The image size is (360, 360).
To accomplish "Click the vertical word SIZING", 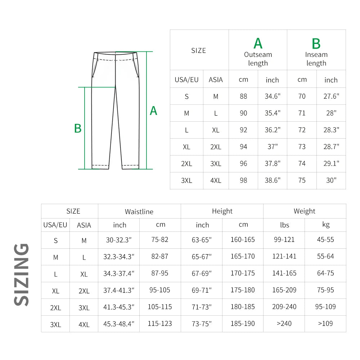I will pyautogui.click(x=22, y=274).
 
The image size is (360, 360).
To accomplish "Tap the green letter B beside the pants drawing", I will pyautogui.click(x=78, y=129).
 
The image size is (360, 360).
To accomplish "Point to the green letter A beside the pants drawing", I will pyautogui.click(x=153, y=111).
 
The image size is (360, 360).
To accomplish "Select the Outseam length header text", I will pyautogui.click(x=258, y=59).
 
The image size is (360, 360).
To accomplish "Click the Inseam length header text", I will pyautogui.click(x=316, y=59).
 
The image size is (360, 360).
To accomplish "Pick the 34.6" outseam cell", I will pyautogui.click(x=273, y=96).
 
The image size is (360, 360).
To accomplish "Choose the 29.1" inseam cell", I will pyautogui.click(x=331, y=163).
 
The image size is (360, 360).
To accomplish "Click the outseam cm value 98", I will pyautogui.click(x=243, y=180).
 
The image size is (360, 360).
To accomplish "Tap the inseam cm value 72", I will pyautogui.click(x=302, y=130).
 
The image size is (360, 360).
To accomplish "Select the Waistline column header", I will pyautogui.click(x=139, y=212).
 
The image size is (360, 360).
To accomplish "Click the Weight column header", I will pyautogui.click(x=304, y=211).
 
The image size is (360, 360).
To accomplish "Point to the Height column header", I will pyautogui.click(x=222, y=211).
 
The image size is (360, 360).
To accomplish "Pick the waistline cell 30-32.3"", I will pyautogui.click(x=119, y=240).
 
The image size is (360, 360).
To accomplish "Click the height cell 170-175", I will pyautogui.click(x=243, y=273).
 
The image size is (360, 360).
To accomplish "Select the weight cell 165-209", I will pyautogui.click(x=284, y=290).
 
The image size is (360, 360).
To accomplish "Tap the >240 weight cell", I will pyautogui.click(x=284, y=324).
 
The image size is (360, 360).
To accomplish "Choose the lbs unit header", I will pyautogui.click(x=284, y=225).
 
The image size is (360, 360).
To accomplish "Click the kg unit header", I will pyautogui.click(x=325, y=225).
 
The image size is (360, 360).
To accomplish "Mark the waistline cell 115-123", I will pyautogui.click(x=160, y=324).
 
